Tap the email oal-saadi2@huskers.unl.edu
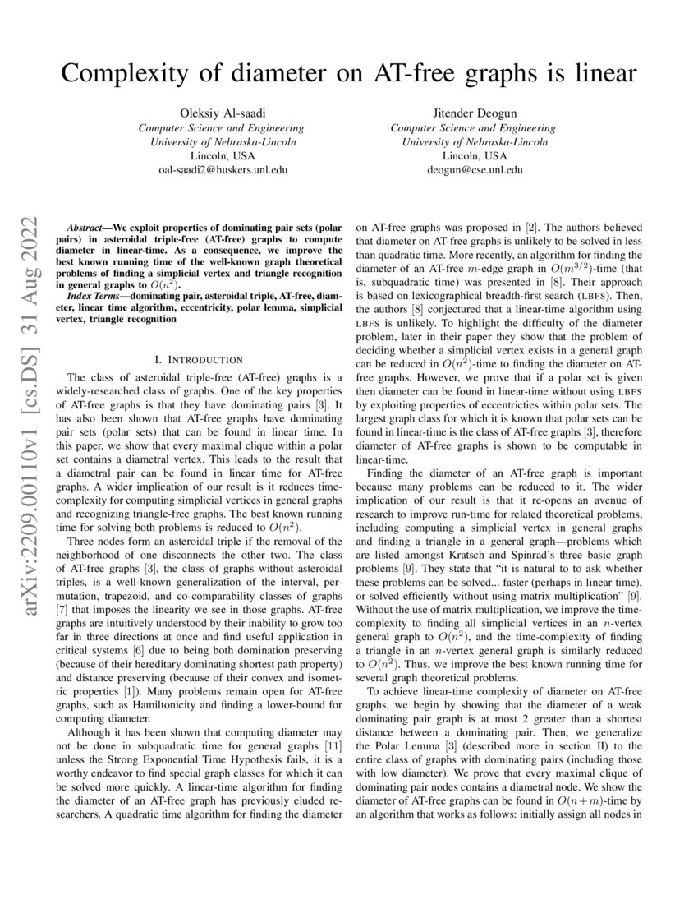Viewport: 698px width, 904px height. [222, 169]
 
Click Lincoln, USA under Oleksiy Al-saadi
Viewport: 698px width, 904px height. [222, 155]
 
